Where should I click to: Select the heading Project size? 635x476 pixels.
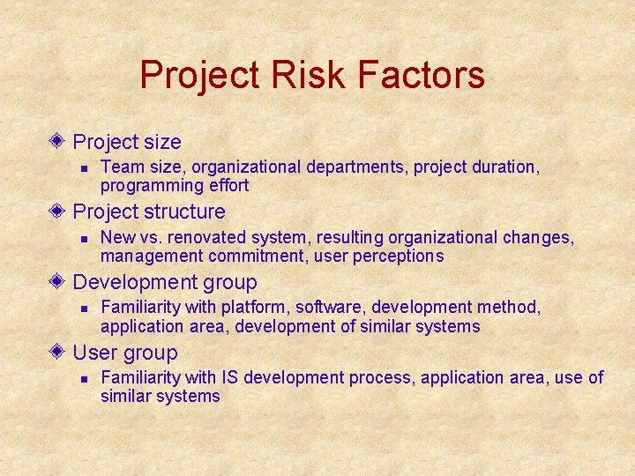click(x=126, y=142)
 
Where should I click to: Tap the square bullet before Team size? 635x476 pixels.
click(x=81, y=167)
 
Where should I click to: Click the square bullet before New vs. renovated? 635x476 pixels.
click(x=81, y=238)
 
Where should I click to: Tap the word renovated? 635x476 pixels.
click(x=208, y=237)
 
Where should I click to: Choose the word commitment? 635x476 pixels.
click(x=250, y=256)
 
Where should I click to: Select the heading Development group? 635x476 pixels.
click(x=165, y=283)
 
